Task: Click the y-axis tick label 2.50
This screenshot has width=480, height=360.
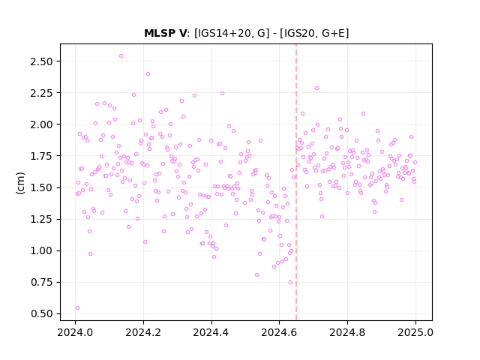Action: point(41,61)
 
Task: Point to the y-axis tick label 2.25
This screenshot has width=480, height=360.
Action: point(41,93)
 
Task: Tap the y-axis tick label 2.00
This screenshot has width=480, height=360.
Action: point(41,124)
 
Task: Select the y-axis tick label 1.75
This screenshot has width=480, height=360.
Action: point(41,156)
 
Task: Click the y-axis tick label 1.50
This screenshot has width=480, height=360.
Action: point(41,187)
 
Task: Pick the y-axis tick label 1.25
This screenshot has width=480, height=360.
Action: point(41,220)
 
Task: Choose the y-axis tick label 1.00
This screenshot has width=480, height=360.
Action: point(41,251)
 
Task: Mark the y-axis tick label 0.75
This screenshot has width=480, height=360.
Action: point(41,282)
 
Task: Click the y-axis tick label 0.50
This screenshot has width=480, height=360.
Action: point(41,314)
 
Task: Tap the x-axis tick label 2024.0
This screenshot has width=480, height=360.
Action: point(75,332)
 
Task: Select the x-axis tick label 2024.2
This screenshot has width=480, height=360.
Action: point(143,332)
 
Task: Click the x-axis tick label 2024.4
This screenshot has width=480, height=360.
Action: point(211,332)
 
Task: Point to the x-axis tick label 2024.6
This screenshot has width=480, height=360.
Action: point(279,332)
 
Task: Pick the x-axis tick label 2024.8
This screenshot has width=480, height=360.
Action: point(347,332)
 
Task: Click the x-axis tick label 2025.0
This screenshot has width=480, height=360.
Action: point(415,332)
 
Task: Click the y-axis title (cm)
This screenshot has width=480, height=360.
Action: point(20,183)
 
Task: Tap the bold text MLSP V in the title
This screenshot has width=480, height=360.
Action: point(165,33)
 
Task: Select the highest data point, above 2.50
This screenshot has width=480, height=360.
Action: point(121,56)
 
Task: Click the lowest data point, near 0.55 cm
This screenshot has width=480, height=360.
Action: point(77,308)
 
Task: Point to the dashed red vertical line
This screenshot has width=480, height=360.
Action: point(296,182)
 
